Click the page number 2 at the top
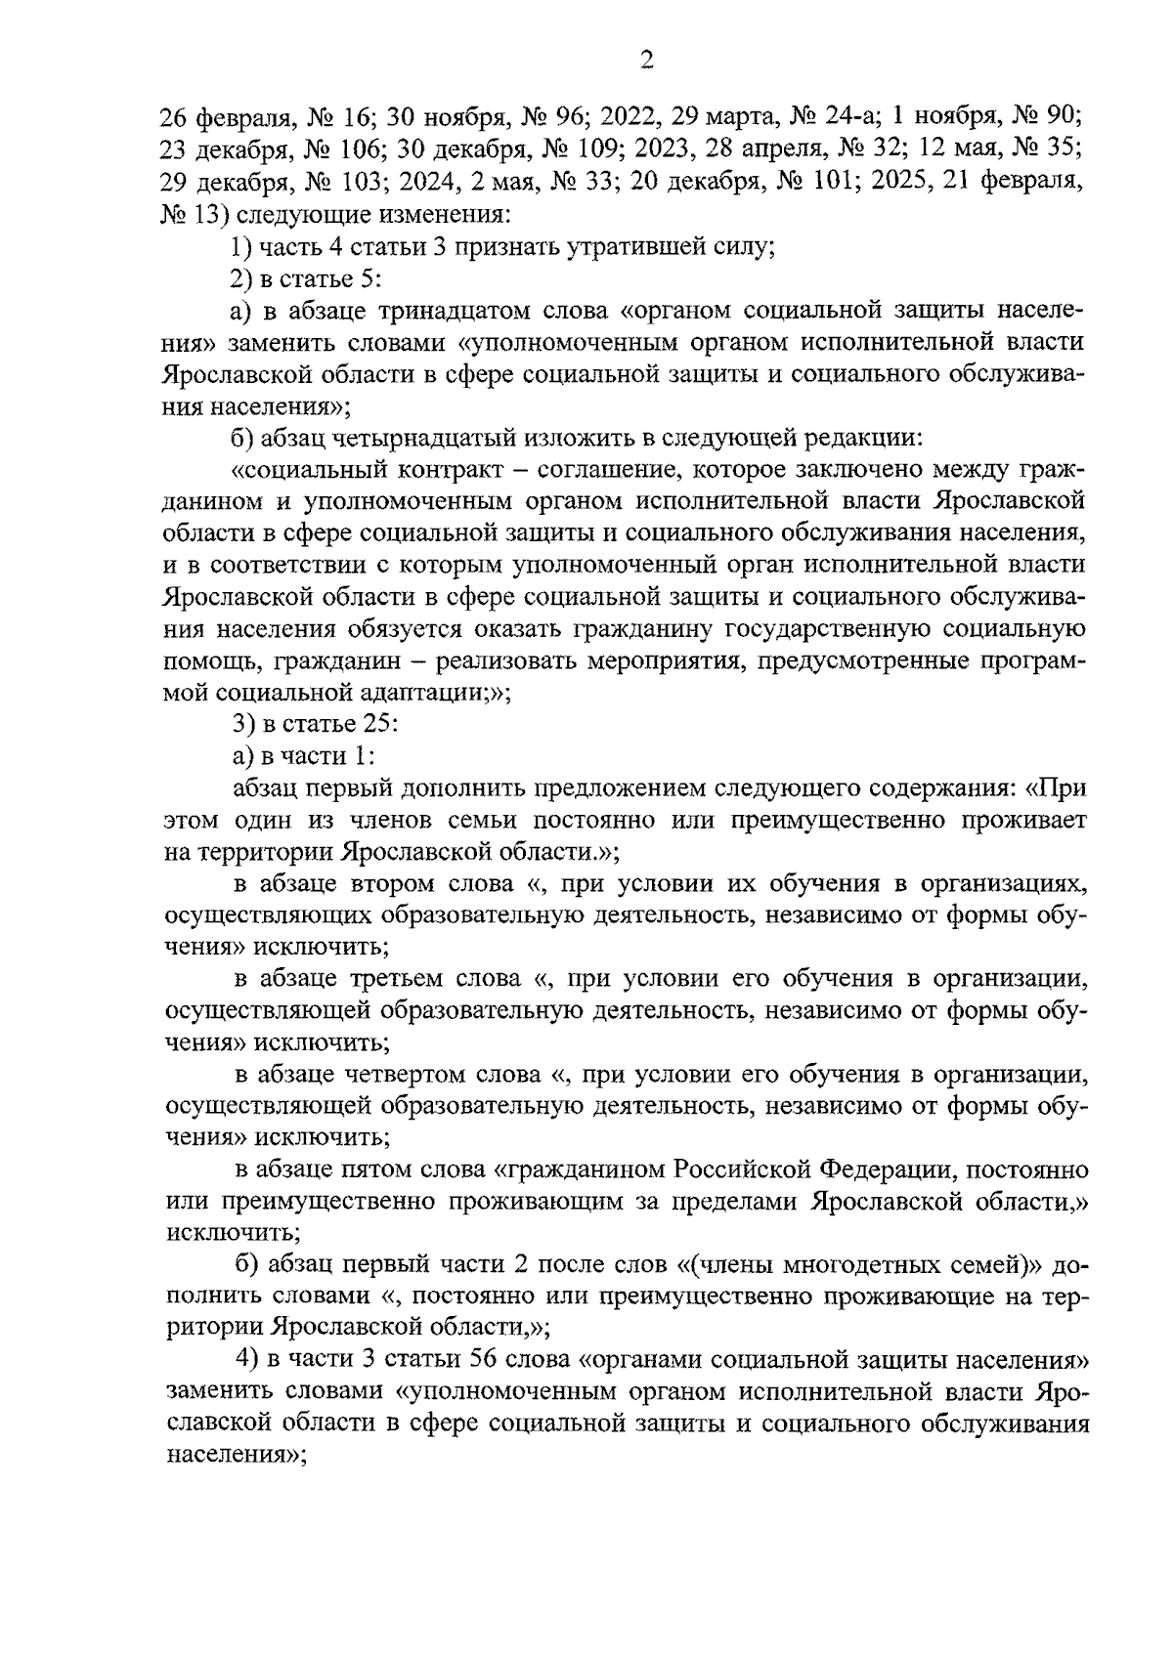(645, 62)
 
